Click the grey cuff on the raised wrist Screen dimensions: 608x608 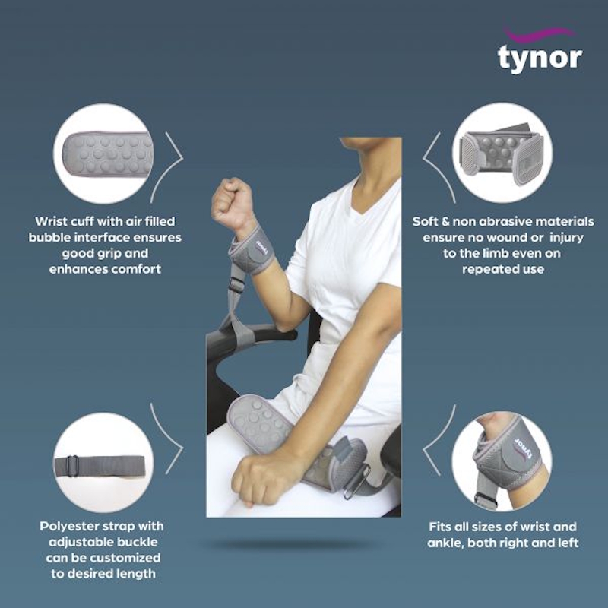click(254, 249)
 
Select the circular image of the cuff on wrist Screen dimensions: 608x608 click(502, 462)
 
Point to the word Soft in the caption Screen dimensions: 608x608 click(426, 222)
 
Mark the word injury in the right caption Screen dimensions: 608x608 click(577, 238)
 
